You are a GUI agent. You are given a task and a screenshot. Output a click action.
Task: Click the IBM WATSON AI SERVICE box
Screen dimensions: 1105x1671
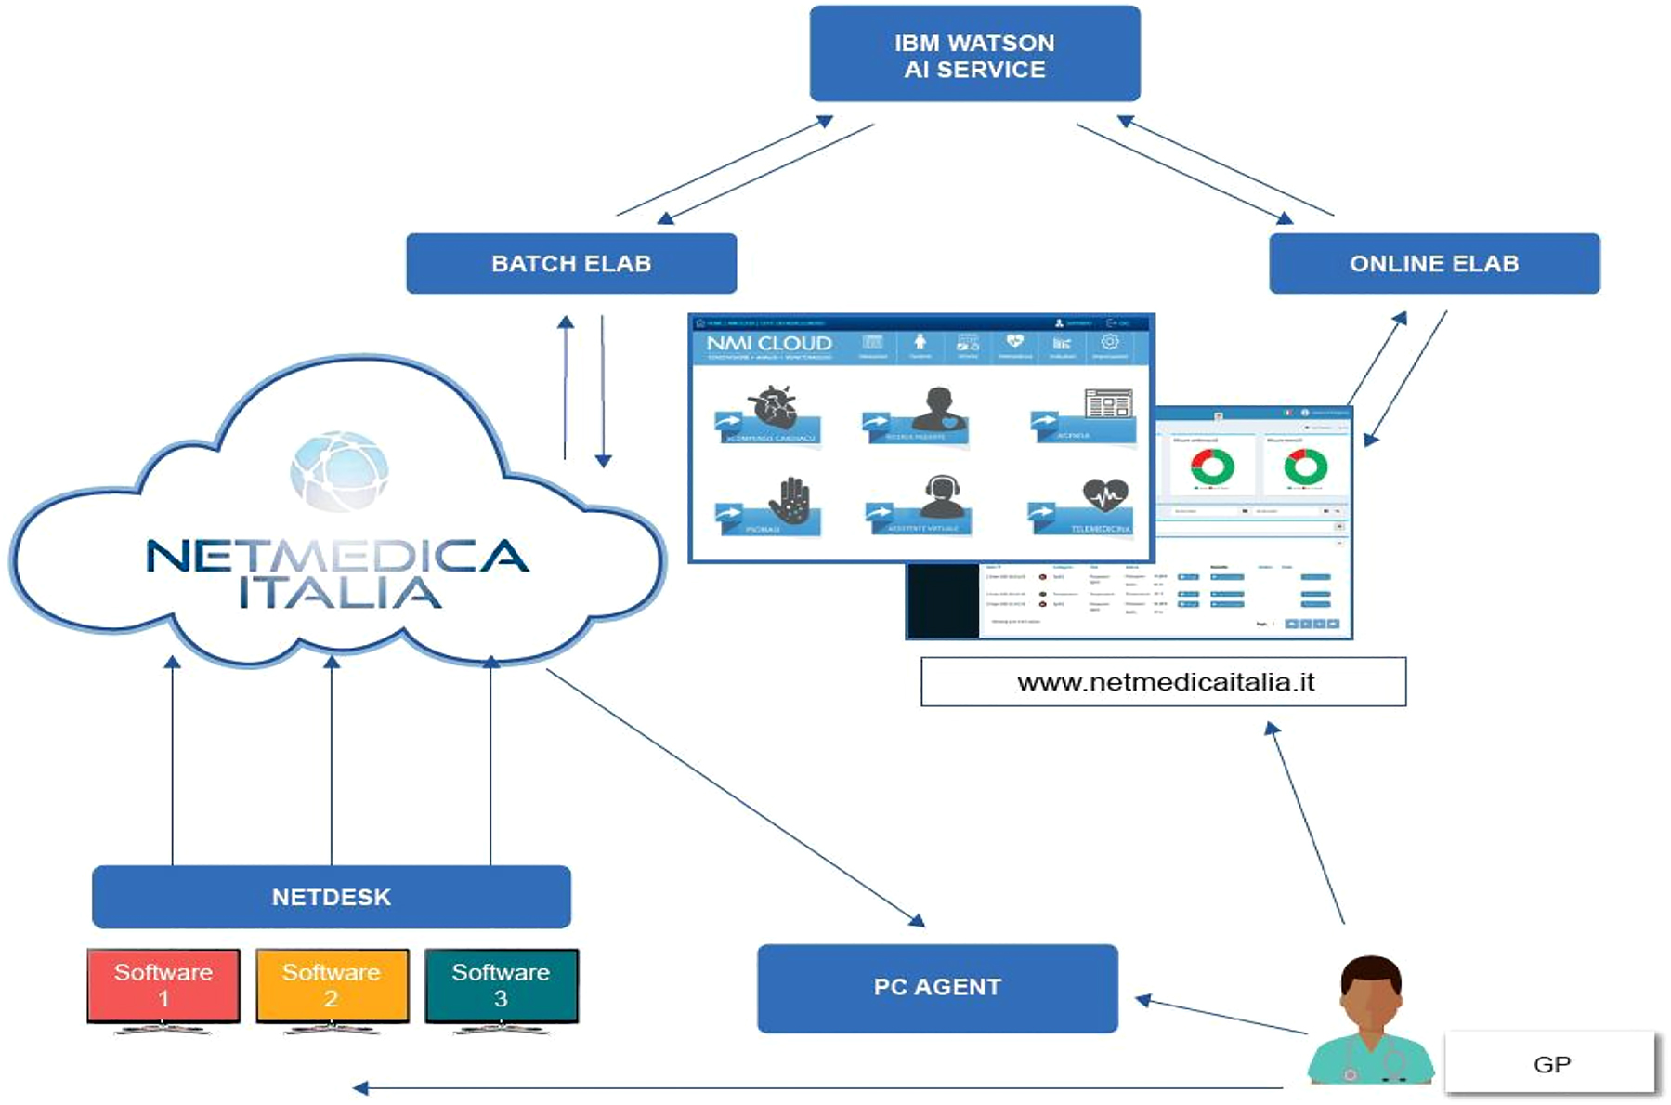974,54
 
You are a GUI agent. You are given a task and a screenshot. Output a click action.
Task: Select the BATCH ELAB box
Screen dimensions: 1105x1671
571,263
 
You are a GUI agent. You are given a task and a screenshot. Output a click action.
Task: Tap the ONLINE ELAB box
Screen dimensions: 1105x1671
1433,263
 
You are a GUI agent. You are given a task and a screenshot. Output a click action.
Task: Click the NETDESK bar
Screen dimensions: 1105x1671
332,897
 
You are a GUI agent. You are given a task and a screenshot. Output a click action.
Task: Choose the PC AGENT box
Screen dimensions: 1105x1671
937,987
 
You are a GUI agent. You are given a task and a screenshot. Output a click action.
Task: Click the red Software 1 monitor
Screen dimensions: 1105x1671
163,985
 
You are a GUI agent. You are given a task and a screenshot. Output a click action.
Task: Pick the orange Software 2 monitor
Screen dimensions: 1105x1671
332,985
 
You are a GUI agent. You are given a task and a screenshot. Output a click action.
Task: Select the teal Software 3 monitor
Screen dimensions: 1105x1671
501,985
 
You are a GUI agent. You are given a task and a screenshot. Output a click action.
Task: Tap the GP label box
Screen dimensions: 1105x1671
1550,1063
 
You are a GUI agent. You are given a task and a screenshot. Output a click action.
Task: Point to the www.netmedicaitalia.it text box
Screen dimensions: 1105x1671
1164,682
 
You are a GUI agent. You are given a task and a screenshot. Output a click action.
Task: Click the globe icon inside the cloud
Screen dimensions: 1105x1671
339,470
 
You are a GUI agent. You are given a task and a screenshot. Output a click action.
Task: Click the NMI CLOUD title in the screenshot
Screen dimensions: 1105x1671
769,344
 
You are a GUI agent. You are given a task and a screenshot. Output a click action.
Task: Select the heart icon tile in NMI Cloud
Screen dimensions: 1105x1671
773,407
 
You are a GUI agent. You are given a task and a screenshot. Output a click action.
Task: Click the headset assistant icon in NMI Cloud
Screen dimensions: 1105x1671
941,496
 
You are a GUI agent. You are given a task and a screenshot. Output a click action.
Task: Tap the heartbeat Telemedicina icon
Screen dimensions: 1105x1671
1104,495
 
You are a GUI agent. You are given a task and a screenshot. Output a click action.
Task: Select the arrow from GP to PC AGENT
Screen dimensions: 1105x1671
1221,1016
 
